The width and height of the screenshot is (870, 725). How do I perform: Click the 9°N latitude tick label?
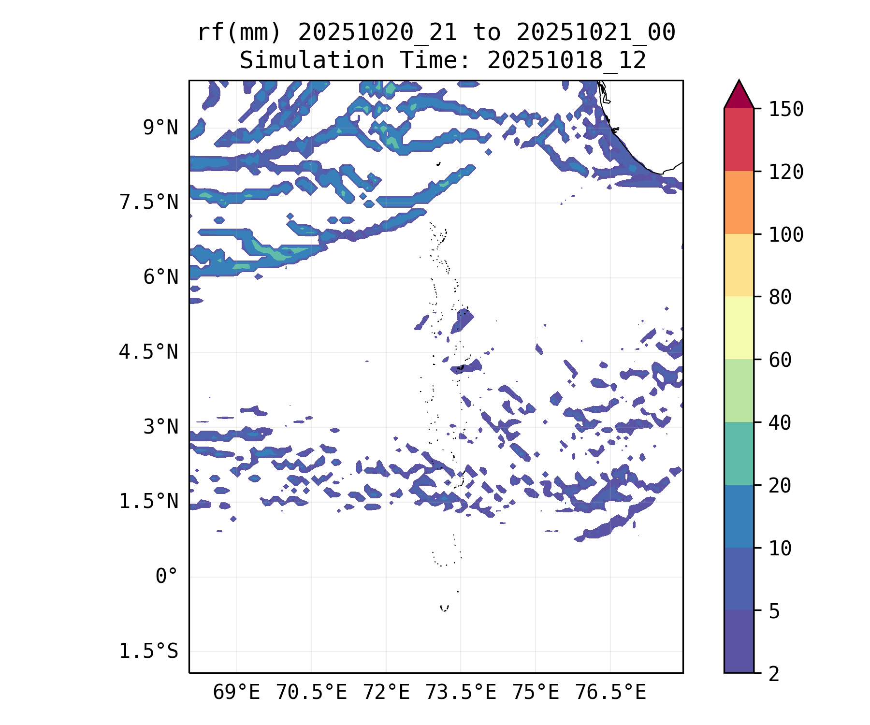pyautogui.click(x=160, y=128)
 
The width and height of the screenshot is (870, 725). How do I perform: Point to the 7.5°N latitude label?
pyautogui.click(x=148, y=203)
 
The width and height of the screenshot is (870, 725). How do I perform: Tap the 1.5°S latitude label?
pyautogui.click(x=148, y=652)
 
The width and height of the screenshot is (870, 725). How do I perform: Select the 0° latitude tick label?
pyautogui.click(x=166, y=577)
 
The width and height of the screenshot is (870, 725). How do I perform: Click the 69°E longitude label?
pyautogui.click(x=236, y=693)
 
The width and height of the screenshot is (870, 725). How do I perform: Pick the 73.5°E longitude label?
pyautogui.click(x=461, y=693)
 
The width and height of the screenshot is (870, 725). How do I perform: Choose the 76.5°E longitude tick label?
pyautogui.click(x=610, y=693)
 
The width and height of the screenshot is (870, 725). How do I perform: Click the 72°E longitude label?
pyautogui.click(x=386, y=693)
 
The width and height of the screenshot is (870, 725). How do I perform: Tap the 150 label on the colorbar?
pyautogui.click(x=786, y=110)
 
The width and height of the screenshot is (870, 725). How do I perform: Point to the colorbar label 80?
pyautogui.click(x=780, y=297)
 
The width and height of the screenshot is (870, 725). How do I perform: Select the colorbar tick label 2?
pyautogui.click(x=774, y=674)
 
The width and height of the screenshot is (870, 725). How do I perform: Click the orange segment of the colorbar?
pyautogui.click(x=739, y=203)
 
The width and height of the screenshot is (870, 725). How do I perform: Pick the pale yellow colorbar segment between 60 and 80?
pyautogui.click(x=739, y=328)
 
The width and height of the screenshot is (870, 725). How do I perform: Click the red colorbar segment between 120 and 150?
pyautogui.click(x=739, y=140)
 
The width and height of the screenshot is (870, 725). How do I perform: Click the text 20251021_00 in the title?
pyautogui.click(x=595, y=33)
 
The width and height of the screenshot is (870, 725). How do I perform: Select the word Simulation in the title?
pyautogui.click(x=312, y=61)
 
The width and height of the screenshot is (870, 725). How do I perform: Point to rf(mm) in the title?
pyautogui.click(x=239, y=33)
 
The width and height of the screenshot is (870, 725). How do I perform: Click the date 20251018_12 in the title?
pyautogui.click(x=566, y=61)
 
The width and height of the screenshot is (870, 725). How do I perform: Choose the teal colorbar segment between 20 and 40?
pyautogui.click(x=739, y=453)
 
